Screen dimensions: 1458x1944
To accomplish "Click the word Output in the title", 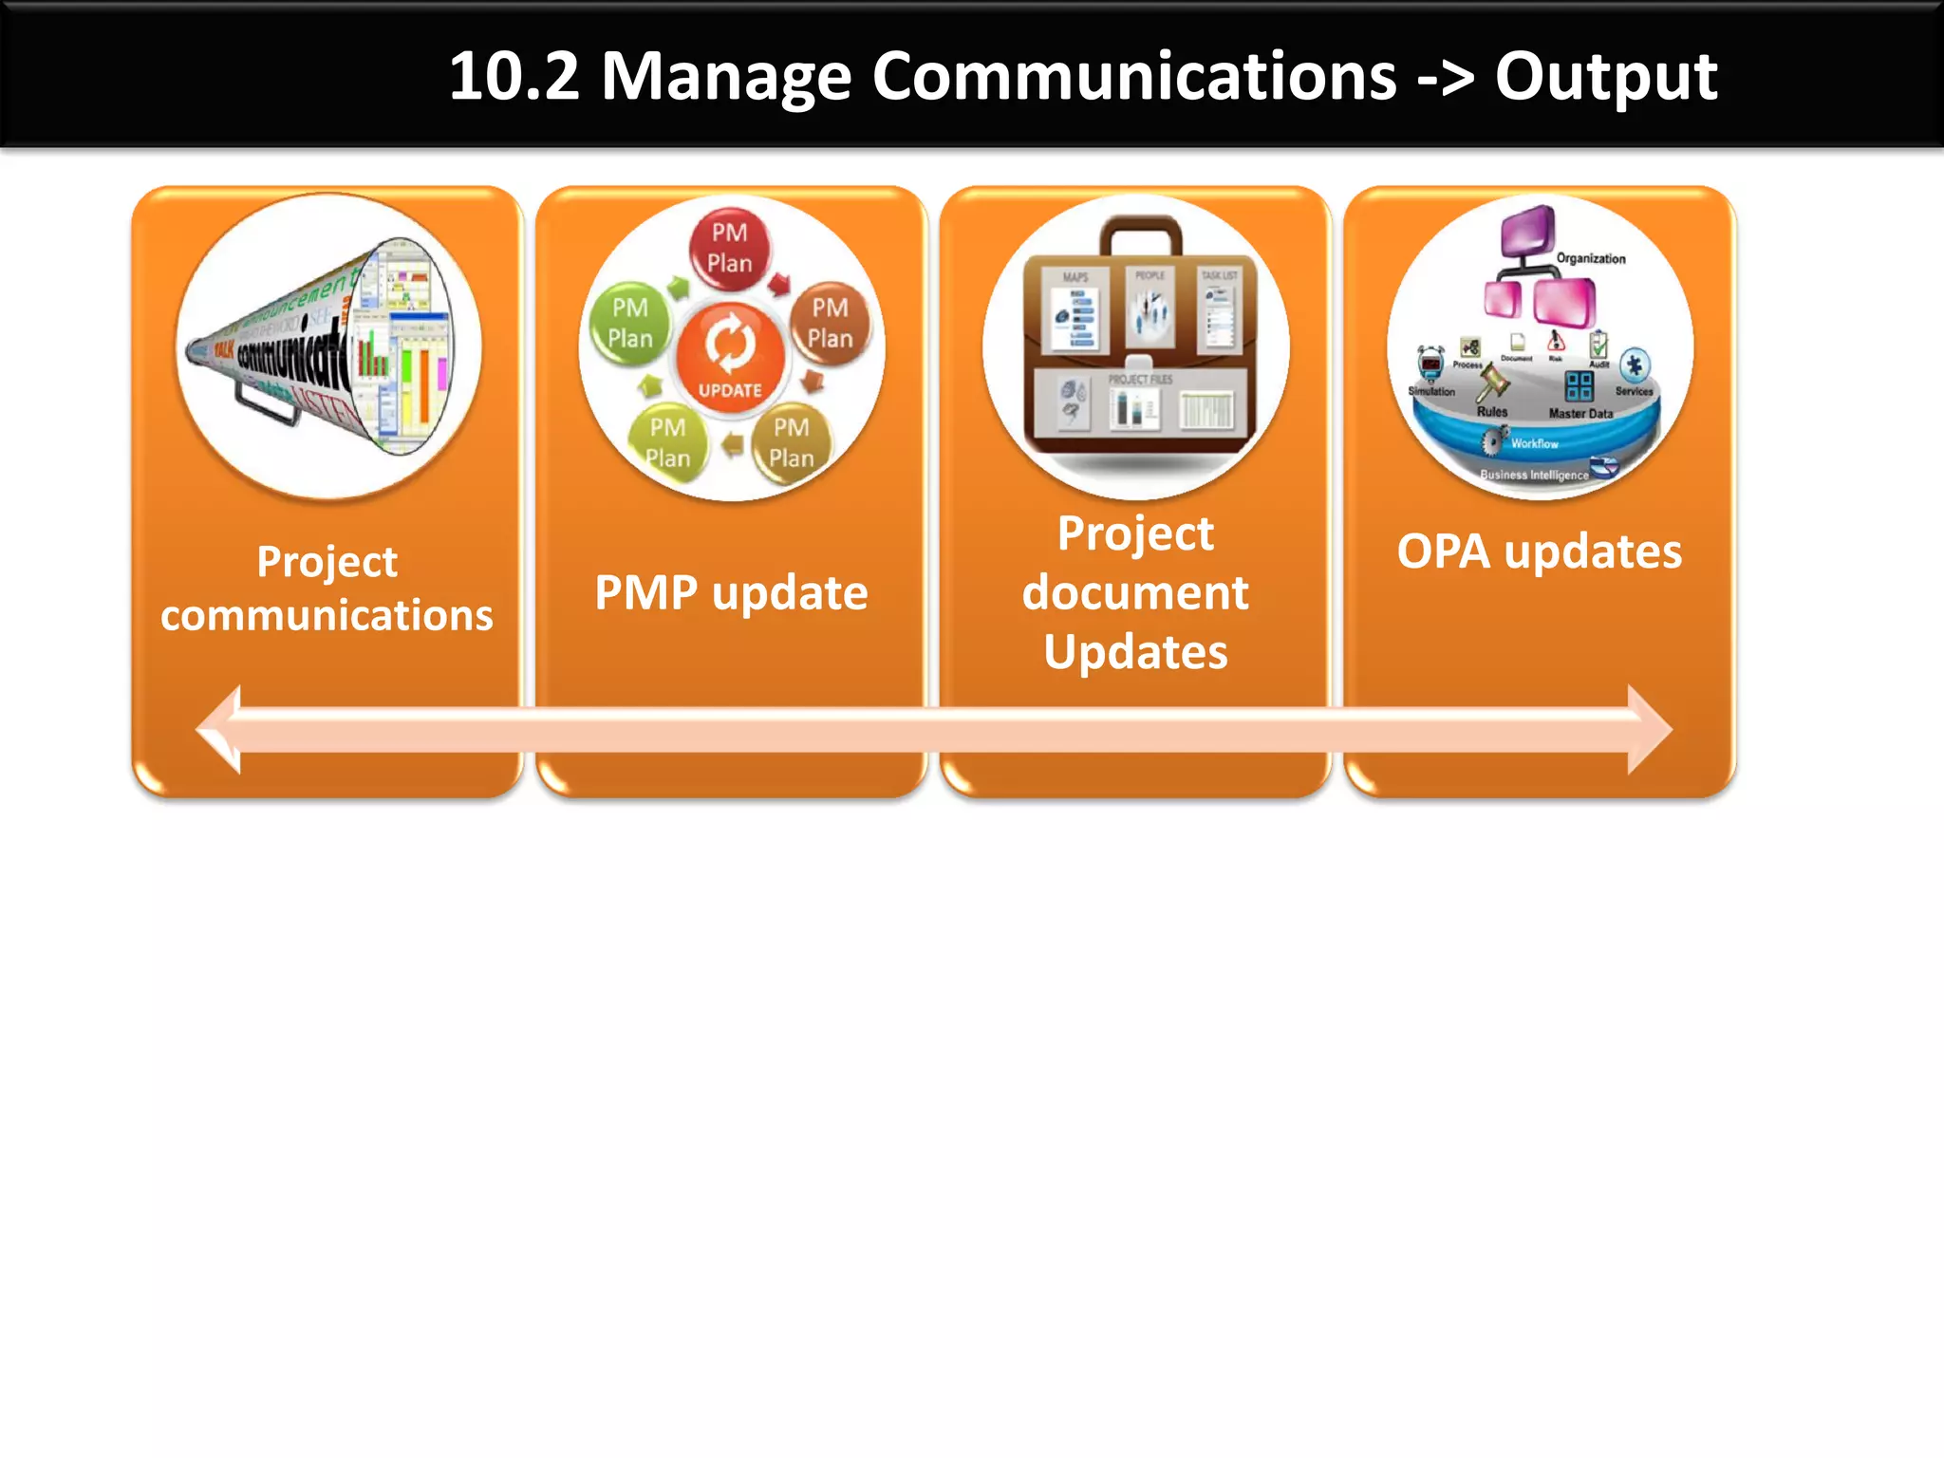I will coord(1605,76).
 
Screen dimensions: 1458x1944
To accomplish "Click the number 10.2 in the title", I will coord(514,76).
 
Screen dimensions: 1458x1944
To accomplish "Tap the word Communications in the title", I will coord(1133,76).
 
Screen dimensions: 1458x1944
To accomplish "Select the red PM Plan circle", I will coord(729,248).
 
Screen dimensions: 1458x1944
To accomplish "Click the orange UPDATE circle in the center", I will coord(730,356).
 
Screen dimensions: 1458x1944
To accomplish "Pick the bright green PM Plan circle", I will coord(630,323).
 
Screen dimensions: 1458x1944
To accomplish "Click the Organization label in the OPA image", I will coord(1590,258).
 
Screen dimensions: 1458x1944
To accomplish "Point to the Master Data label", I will coord(1580,414).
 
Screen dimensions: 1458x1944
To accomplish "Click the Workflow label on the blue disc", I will coord(1534,443).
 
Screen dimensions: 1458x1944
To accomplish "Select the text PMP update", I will coord(731,593).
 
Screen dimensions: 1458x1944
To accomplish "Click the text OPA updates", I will coord(1539,551).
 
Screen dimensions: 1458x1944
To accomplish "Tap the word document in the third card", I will coord(1135,593).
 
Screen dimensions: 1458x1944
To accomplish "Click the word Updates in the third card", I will coord(1135,652).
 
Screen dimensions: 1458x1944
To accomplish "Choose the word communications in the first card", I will coord(327,615).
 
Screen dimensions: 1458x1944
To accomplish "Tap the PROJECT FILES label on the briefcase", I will coord(1140,379).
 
